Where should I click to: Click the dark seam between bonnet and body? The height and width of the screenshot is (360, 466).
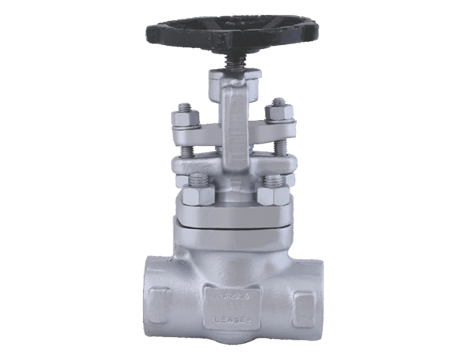coord(232,227)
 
